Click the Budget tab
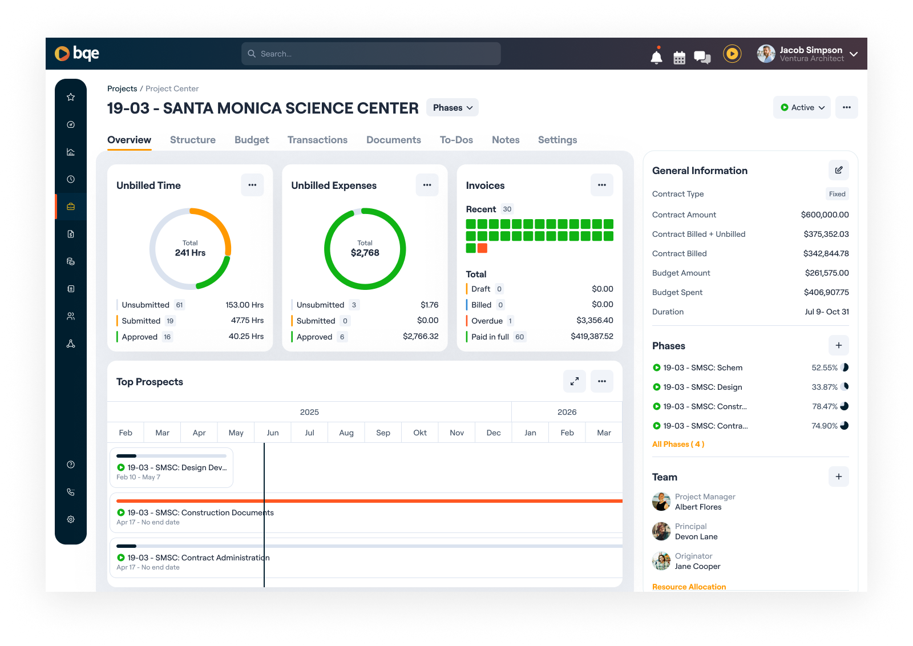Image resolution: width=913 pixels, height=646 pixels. tap(252, 140)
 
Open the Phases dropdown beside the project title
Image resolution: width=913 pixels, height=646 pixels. tap(453, 108)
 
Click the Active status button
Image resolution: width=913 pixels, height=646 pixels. tap(802, 107)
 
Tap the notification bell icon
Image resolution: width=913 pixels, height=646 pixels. tap(657, 56)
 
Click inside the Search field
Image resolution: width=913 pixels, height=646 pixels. tap(371, 54)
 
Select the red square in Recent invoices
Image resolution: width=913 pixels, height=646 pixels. tap(482, 248)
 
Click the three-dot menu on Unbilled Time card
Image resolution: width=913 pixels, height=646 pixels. tap(252, 185)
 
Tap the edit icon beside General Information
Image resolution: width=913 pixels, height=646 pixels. tap(838, 170)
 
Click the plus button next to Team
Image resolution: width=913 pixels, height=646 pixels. tap(838, 477)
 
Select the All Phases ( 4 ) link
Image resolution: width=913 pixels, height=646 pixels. tap(678, 445)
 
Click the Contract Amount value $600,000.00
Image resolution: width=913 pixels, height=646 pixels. tap(825, 215)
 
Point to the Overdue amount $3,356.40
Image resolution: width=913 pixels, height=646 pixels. tap(595, 321)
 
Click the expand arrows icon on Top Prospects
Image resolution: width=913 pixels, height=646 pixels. tap(575, 381)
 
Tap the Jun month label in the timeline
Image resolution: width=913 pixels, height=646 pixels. tap(273, 433)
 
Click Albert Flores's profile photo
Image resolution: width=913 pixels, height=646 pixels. tap(661, 502)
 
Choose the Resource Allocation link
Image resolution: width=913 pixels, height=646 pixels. tap(689, 587)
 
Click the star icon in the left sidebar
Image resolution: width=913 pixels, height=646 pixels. tap(71, 97)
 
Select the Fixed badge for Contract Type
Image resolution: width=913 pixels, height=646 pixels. tap(837, 194)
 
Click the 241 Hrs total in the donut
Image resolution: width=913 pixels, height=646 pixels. tap(190, 253)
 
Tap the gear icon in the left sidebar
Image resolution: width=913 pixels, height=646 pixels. tap(71, 519)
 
